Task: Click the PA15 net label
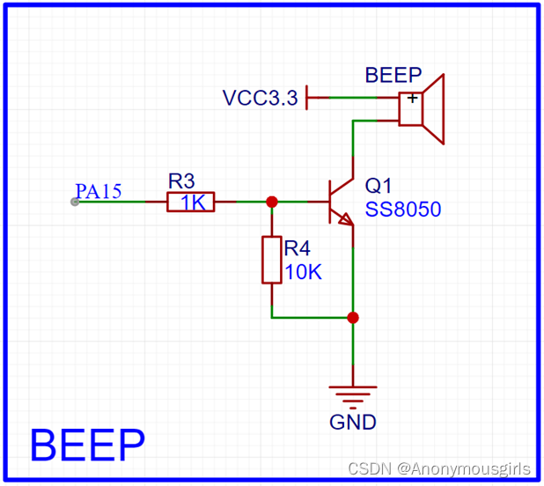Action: coord(99,191)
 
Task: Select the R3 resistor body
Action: coord(191,202)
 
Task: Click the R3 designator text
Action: coord(181,180)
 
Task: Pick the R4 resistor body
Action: coord(272,260)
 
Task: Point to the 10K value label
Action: coord(303,272)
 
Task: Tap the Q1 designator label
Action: coord(378,186)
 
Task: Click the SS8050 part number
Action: coord(402,210)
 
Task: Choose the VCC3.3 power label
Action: coord(261,98)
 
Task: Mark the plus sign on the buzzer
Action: coord(411,99)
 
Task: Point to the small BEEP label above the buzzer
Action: coord(393,75)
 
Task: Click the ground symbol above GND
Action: coord(353,394)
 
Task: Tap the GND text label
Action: coord(353,422)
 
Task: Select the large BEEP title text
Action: coord(87,445)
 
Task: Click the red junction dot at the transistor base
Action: coord(272,202)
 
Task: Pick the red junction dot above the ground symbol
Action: coord(353,317)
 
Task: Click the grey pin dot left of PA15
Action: coord(75,202)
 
